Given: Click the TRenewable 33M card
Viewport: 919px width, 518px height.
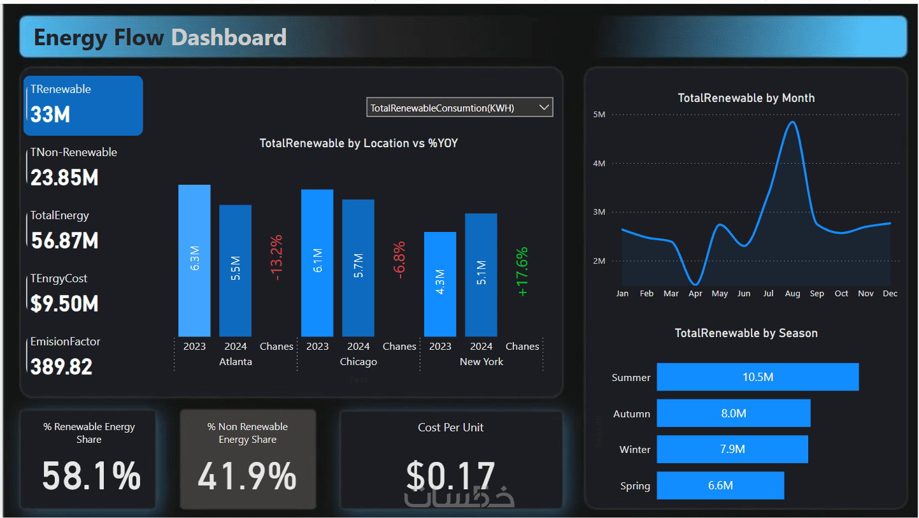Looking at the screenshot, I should click(83, 105).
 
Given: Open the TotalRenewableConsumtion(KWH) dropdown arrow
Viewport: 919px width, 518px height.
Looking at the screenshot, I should click(544, 108).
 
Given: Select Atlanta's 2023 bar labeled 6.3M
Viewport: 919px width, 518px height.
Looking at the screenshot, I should click(194, 261).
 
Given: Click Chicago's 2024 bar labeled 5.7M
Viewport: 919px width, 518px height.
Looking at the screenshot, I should click(358, 268).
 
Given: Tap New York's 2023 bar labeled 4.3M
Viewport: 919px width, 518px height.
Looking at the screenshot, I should click(440, 284).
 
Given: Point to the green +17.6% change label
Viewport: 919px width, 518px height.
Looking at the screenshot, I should click(522, 271).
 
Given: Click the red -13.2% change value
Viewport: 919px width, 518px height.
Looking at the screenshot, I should click(276, 257).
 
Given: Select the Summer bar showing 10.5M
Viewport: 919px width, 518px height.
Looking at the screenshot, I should click(757, 377).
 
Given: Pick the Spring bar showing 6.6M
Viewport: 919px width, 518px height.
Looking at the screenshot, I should click(720, 486).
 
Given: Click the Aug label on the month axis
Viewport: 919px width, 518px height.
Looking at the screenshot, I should click(792, 294).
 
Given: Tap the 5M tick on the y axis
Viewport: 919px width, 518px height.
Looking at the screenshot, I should click(599, 115).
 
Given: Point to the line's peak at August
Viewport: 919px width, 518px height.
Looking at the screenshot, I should click(792, 122).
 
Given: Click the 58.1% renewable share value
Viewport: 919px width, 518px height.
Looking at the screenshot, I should click(92, 476).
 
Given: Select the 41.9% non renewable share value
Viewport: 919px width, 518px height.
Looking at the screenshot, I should click(247, 476).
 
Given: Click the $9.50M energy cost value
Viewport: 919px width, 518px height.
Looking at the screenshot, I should click(64, 304).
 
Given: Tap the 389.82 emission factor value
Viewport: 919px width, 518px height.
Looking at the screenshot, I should click(62, 367).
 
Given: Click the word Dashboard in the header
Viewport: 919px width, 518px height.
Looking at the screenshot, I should click(229, 38).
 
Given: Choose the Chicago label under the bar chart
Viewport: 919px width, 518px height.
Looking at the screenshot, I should click(359, 362).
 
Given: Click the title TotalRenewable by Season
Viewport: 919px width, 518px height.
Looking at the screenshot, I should click(746, 333).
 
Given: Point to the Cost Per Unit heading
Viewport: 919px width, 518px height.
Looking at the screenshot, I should click(451, 428).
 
